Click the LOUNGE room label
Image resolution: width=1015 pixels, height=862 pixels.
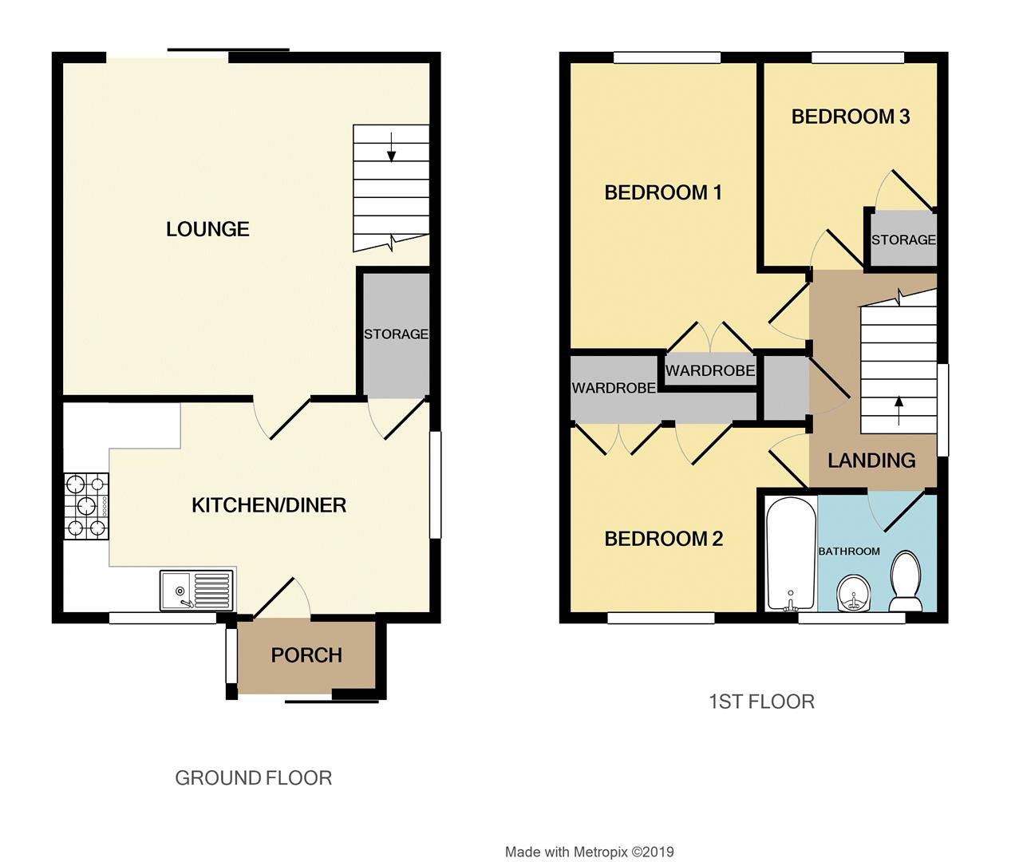[207, 230]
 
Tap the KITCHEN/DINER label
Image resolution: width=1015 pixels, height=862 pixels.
[269, 505]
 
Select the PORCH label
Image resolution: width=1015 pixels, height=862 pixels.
[306, 655]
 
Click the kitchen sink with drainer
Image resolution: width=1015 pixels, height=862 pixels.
[196, 591]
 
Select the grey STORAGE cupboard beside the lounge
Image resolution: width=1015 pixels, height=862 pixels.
[396, 334]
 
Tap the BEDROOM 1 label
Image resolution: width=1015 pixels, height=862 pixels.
[663, 192]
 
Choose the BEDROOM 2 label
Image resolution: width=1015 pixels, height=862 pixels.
[663, 539]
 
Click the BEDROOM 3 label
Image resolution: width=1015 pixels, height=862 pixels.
[851, 117]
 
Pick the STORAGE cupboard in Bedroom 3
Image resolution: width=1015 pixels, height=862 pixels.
[902, 239]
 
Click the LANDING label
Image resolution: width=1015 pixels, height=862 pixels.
[871, 461]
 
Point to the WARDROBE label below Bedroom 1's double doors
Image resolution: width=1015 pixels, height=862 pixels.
[710, 371]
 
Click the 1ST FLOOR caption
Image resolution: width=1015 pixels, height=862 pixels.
[761, 702]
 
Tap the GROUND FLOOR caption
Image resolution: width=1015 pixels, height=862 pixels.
[253, 777]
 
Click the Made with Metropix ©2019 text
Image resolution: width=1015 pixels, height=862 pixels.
[589, 852]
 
